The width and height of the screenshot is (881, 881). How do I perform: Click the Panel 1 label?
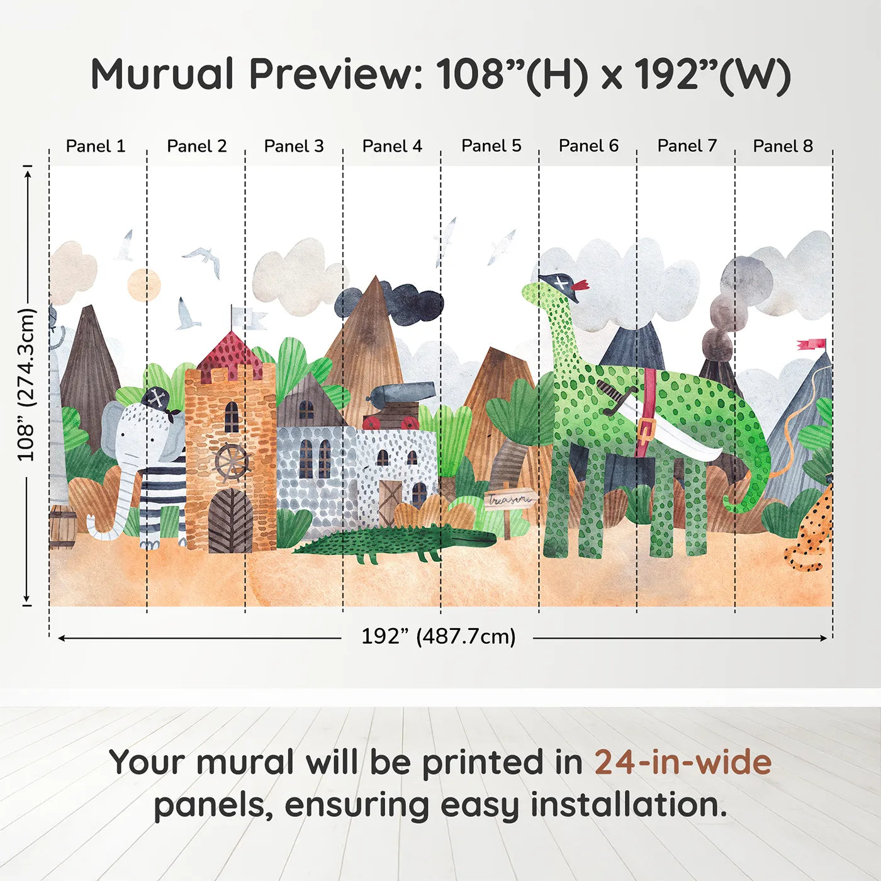coord(96,146)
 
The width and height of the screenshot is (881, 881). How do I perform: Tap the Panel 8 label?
coord(783,146)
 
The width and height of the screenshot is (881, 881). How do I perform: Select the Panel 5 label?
coord(491,146)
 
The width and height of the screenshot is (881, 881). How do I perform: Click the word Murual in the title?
coord(162,74)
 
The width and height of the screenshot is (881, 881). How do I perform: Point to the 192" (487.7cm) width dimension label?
coord(438,636)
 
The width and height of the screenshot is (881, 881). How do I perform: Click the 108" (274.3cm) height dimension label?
coord(26,384)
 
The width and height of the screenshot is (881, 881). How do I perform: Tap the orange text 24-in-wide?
coord(683,762)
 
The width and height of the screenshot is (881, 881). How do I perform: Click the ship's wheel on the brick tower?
coord(232,463)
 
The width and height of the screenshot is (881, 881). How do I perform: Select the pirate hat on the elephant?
coord(157,400)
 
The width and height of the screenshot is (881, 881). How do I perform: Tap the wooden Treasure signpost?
coord(509,501)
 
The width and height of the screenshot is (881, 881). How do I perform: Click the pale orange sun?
coord(144,284)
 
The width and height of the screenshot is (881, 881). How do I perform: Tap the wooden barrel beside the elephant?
coord(62,527)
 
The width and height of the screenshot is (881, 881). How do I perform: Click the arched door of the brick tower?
coord(230,522)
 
